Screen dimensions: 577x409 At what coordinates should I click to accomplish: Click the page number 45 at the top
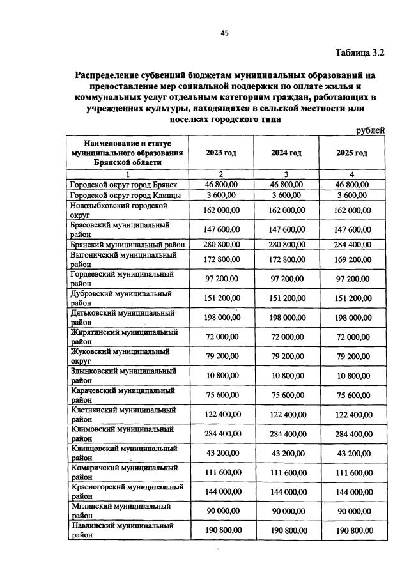(x=224, y=34)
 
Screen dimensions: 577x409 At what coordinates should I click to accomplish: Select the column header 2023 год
(x=221, y=153)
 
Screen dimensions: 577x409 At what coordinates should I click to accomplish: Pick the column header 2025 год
(x=352, y=153)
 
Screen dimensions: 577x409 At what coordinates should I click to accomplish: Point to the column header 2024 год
(x=286, y=153)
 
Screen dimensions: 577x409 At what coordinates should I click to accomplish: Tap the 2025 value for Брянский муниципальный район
(x=352, y=244)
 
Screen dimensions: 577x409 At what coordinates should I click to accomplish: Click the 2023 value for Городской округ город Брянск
(x=221, y=185)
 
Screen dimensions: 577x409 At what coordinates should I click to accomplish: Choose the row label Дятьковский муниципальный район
(x=122, y=318)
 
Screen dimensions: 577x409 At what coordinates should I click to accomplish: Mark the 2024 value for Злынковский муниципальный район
(x=286, y=375)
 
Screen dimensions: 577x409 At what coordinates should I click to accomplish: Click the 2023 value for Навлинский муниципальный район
(x=221, y=530)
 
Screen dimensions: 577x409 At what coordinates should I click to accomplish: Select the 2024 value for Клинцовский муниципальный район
(x=286, y=453)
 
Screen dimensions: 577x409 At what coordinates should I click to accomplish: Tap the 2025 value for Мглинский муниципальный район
(x=352, y=511)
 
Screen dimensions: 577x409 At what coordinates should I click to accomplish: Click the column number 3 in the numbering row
(x=286, y=174)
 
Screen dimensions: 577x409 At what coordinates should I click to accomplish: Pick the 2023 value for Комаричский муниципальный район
(x=221, y=472)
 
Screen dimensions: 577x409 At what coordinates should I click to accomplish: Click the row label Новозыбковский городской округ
(x=118, y=210)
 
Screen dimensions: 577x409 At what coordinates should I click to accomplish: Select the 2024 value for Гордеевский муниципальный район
(x=286, y=279)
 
